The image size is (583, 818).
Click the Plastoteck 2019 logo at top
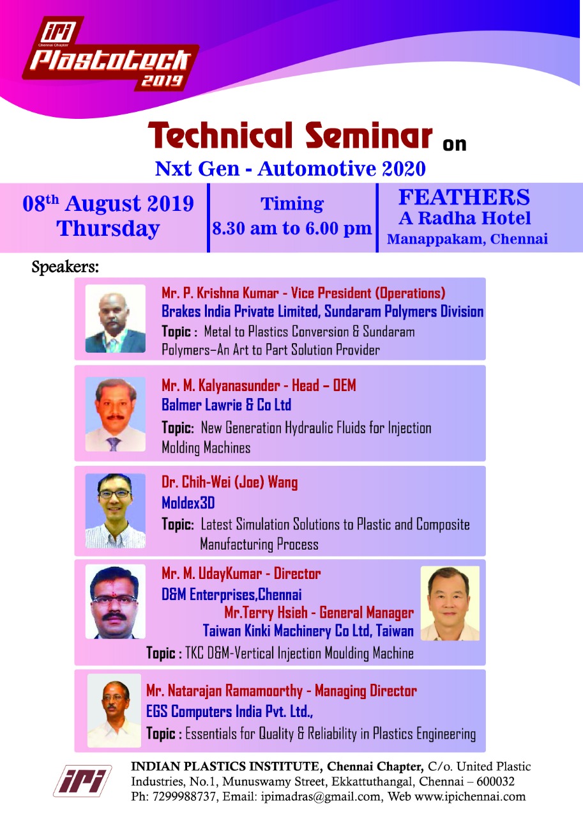point(110,54)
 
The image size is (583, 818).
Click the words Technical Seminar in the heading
point(290,135)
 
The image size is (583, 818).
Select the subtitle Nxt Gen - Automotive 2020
point(291,169)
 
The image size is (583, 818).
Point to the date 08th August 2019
point(108,203)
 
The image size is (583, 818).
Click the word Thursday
point(108,229)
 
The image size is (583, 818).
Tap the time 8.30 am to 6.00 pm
point(292,229)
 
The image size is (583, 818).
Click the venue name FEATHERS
point(464,197)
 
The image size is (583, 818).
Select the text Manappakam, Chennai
point(467,239)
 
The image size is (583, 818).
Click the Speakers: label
point(65,266)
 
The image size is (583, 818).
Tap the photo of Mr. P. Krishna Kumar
point(116,318)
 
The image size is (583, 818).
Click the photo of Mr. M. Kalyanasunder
point(116,414)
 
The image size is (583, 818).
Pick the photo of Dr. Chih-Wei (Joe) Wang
point(116,511)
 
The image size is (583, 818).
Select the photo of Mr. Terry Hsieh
point(450,603)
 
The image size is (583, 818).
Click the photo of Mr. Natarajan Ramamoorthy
point(114,710)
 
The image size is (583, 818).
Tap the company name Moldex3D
point(188,503)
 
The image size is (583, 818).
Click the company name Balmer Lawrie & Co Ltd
point(226,405)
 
